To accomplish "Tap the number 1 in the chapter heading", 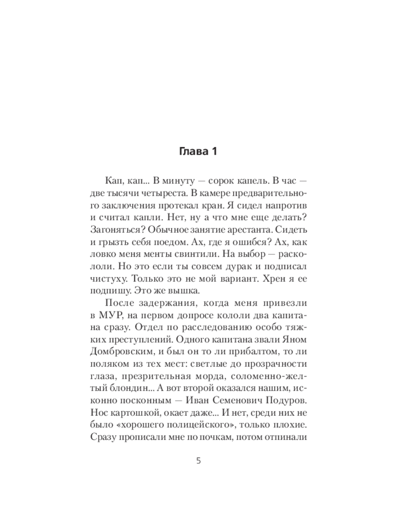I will (x=215, y=152).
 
